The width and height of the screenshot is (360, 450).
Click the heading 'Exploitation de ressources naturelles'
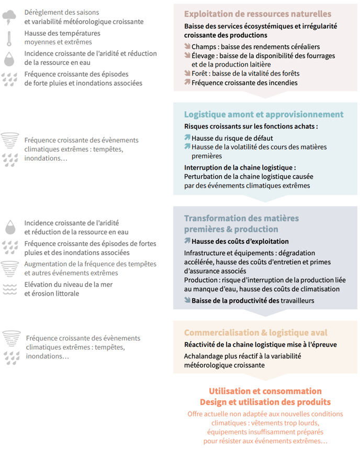pos(257,14)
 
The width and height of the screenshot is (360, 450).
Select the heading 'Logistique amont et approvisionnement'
pos(263,114)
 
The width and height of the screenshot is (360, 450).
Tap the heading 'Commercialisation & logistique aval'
pos(255,333)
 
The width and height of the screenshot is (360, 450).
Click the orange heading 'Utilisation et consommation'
pos(265,391)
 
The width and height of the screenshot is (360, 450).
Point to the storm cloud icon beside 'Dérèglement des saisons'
pos(9,17)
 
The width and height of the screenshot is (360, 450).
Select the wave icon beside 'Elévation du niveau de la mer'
pos(9,289)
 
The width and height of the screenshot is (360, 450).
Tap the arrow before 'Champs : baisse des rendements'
pos(187,47)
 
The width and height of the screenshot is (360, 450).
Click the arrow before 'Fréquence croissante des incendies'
pos(187,83)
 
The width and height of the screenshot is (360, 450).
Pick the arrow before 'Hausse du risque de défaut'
pos(187,138)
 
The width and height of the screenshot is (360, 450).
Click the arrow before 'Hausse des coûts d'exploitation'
pos(187,241)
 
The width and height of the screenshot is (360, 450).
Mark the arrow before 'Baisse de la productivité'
pos(187,300)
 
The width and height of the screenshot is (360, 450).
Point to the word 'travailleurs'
pos(298,300)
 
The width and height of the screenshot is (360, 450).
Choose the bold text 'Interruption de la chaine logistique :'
pos(240,167)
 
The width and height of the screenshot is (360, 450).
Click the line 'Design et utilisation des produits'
pos(265,402)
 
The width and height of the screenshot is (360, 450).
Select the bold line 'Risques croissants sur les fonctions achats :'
pos(251,126)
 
